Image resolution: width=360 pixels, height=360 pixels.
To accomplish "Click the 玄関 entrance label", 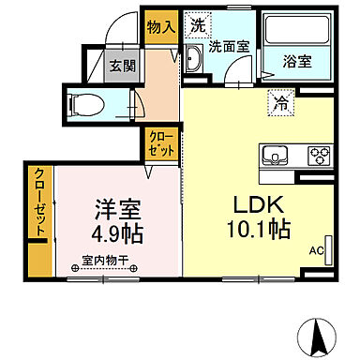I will [124, 67].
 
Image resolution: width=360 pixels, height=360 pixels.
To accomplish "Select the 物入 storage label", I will [160, 26].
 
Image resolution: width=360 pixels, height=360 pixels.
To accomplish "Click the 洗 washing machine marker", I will [197, 23].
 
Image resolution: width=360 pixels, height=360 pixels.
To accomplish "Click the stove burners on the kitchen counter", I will [318, 155].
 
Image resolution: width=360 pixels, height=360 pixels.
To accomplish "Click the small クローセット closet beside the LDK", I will [158, 142].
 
